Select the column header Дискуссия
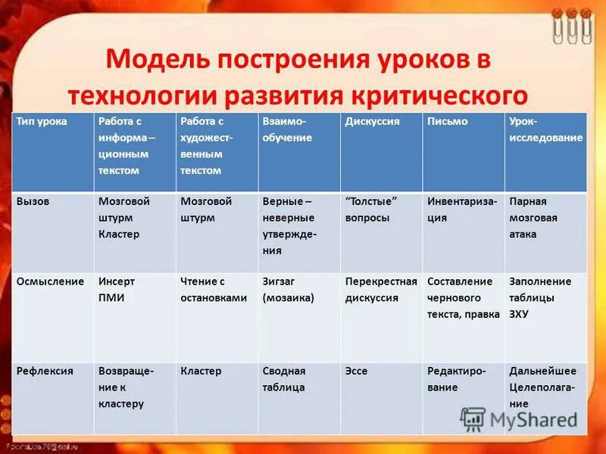(372, 122)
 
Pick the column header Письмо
(447, 122)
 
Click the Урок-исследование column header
(545, 130)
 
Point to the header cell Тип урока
(42, 122)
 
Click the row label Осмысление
(50, 281)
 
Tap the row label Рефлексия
(45, 372)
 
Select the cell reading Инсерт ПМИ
(117, 290)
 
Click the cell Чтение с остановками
(214, 290)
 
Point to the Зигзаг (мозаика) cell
(288, 290)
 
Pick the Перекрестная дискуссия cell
(381, 290)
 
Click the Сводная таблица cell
(284, 380)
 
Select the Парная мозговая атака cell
(533, 218)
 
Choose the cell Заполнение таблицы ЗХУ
(540, 297)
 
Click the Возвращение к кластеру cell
(126, 387)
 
